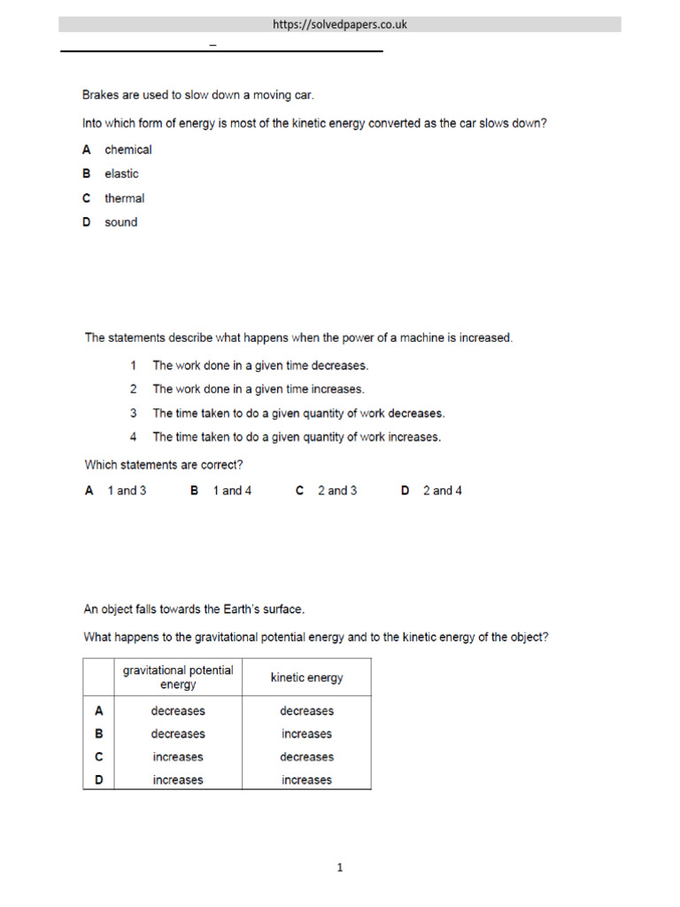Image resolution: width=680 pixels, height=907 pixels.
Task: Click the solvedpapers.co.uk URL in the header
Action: [340, 25]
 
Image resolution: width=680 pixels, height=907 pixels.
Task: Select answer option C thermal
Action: [124, 198]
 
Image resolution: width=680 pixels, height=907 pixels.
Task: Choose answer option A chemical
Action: [127, 150]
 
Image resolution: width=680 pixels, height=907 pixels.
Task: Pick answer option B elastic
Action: [121, 174]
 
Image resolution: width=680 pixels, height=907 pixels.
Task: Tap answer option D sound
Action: [120, 222]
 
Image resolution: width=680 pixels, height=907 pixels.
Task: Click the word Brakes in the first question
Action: [101, 94]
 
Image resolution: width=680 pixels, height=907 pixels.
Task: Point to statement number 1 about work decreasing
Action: [259, 365]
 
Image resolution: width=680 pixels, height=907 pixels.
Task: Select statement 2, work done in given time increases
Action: [258, 389]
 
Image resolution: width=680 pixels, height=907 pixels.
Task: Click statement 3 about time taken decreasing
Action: [298, 413]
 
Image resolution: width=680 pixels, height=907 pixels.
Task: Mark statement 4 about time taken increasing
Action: [296, 437]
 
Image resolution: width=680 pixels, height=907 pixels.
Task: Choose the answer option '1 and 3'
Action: [127, 491]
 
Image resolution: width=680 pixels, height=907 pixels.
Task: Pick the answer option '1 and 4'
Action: [232, 491]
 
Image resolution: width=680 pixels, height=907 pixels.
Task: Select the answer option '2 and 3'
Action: [337, 491]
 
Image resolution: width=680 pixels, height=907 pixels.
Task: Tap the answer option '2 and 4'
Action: [442, 491]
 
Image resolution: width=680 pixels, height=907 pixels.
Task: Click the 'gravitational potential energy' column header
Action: [178, 678]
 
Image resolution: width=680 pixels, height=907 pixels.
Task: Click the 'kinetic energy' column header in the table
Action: [306, 678]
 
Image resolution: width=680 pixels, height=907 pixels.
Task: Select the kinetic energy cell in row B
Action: [306, 734]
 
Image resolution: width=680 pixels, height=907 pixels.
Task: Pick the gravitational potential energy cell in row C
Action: [178, 757]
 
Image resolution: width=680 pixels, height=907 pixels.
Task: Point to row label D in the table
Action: [99, 780]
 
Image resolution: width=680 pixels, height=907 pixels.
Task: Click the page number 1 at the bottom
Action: [340, 868]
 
